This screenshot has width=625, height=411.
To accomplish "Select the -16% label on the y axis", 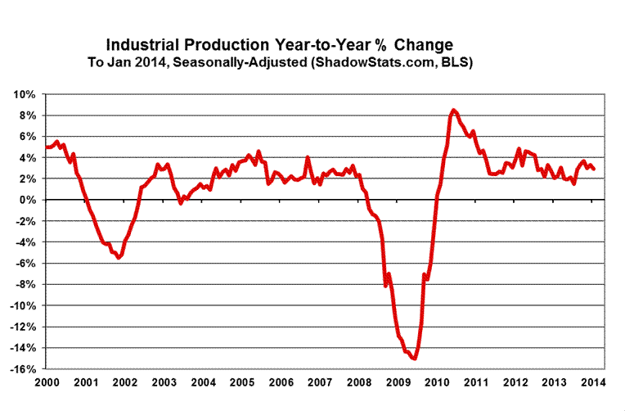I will pos(22,369).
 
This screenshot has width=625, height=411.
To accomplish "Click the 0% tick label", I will pos(27,200).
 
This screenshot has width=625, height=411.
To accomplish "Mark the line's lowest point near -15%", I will pos(415,358).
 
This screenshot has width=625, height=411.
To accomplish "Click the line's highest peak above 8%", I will pos(454,110).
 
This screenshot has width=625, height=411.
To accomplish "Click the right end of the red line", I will pos(594,169).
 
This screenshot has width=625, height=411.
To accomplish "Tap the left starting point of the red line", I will pos(47,147).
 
